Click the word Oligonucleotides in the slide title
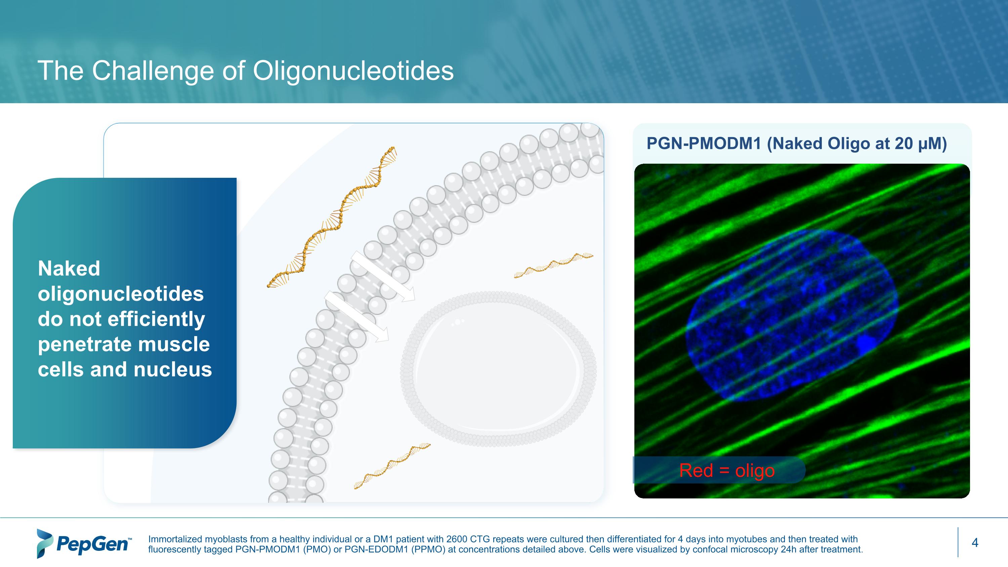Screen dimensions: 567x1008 click(x=353, y=71)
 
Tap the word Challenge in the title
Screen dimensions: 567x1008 click(x=153, y=71)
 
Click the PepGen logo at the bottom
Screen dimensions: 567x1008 click(x=83, y=543)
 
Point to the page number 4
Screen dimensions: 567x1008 click(x=975, y=543)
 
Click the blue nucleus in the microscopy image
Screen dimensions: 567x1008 click(x=790, y=317)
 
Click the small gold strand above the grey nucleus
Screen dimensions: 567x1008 click(x=553, y=265)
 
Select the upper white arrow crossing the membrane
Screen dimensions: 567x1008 click(x=382, y=276)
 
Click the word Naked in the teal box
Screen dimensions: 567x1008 click(x=69, y=269)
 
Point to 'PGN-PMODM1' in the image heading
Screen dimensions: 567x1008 click(x=704, y=144)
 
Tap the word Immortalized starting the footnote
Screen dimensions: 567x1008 click(x=174, y=539)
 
